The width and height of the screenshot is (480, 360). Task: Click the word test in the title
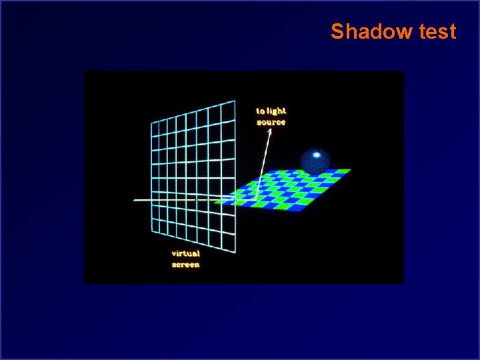tap(434, 31)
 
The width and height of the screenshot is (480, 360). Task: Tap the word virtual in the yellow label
tap(185, 253)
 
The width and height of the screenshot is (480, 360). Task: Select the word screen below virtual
tap(185, 265)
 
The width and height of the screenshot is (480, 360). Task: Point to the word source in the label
tap(271, 123)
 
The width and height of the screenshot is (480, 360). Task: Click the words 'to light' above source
tap(271, 111)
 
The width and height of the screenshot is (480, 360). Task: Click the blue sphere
tap(315, 161)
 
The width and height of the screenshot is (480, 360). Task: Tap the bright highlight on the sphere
tap(317, 155)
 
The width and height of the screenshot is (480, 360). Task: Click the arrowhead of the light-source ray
tap(270, 131)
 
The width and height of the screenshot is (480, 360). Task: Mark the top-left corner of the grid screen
tap(151, 122)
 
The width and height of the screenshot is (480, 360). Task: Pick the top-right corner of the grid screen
tap(235, 101)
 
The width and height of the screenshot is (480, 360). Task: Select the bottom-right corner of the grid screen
tap(235, 254)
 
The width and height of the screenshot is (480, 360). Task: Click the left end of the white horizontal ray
tap(134, 200)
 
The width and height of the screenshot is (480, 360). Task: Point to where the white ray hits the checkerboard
tap(255, 199)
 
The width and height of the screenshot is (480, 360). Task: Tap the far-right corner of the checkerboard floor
tap(351, 171)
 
